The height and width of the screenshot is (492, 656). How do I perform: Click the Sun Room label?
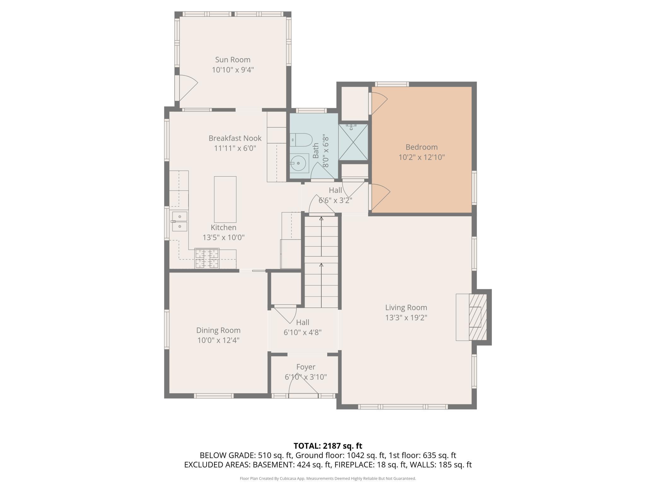tap(233, 60)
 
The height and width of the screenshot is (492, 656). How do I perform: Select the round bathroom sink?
tap(299, 163)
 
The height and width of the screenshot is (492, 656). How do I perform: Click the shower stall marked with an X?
tap(353, 142)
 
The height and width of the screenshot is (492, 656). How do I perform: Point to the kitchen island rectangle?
tap(225, 200)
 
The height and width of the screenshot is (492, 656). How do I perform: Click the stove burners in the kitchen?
tap(207, 258)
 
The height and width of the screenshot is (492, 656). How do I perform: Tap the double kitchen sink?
tap(179, 221)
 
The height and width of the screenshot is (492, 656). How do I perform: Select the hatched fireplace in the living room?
tap(477, 317)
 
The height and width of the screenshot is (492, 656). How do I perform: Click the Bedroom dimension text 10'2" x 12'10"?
tap(422, 157)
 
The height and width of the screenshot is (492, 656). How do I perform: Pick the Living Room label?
tap(406, 307)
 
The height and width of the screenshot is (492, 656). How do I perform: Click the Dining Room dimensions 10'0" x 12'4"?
tap(219, 340)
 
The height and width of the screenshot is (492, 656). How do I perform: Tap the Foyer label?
tap(306, 367)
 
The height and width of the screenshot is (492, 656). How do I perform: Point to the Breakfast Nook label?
tap(235, 138)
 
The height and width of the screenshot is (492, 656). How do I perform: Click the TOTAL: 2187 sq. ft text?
tap(328, 446)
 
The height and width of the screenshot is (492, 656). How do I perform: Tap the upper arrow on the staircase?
tap(321, 236)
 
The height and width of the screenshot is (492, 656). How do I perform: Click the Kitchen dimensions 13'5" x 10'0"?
tap(224, 237)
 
